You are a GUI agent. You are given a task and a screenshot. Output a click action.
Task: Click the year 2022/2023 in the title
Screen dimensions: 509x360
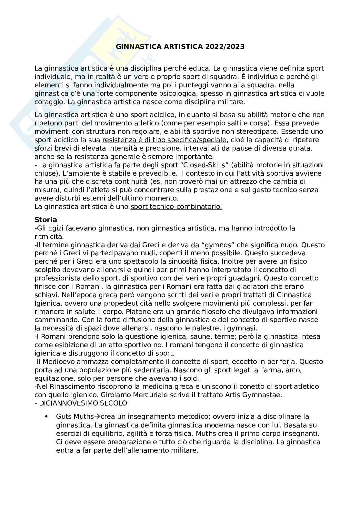click(x=225, y=47)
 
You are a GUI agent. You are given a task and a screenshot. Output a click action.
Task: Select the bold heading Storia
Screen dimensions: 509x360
click(x=45, y=220)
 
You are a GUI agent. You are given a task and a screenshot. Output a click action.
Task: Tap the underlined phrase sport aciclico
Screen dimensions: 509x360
click(x=152, y=115)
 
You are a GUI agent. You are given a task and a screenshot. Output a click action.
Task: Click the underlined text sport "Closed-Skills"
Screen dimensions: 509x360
click(x=195, y=165)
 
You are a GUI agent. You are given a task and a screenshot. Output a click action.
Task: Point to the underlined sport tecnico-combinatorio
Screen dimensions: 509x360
click(x=176, y=207)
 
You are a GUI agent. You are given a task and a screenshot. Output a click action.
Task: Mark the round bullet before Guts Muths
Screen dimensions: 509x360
click(x=47, y=417)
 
